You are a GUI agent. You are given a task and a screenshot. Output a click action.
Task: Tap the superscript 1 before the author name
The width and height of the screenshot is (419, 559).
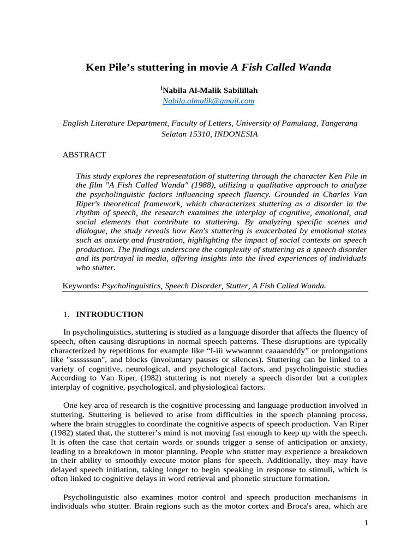[161, 88]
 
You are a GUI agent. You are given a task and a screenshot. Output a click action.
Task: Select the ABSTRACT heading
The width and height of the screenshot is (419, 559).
[85, 155]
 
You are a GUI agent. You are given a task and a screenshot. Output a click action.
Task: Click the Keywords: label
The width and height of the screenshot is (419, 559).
[81, 286]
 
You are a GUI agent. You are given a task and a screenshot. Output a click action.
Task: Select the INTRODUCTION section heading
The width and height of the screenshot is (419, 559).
[109, 314]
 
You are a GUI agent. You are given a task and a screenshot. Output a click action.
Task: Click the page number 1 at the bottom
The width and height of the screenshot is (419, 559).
[367, 524]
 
